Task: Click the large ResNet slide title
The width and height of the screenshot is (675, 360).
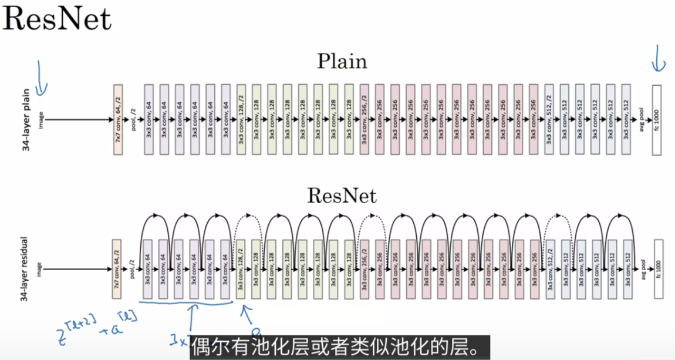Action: [x=56, y=19]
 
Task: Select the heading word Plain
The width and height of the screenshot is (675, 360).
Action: [x=342, y=61]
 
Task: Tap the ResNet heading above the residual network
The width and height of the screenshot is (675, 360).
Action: [x=342, y=194]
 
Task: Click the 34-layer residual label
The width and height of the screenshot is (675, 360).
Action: [x=25, y=270]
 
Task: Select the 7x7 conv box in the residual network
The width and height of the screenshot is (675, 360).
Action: [x=117, y=270]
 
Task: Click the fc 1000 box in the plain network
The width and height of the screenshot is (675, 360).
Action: [x=656, y=120]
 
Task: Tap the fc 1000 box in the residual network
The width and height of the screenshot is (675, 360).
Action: [x=657, y=270]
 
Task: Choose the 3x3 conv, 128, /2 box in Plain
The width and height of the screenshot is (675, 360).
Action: [x=241, y=120]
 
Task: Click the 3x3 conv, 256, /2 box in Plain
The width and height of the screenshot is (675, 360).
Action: [x=363, y=120]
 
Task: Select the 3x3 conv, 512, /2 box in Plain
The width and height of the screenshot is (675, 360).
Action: [x=548, y=120]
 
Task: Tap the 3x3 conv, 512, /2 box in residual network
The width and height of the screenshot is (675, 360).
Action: [x=549, y=270]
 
